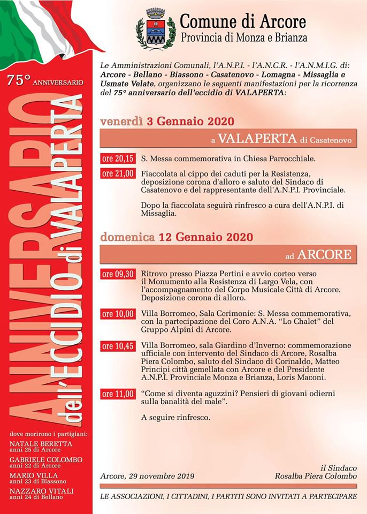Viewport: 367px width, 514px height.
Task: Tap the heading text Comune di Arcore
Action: [x=243, y=22]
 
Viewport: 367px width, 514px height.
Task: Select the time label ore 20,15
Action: [x=117, y=159]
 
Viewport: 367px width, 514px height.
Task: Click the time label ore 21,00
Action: [x=117, y=173]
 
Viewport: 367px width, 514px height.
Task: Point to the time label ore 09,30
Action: [x=117, y=275]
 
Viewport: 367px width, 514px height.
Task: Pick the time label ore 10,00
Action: [x=117, y=314]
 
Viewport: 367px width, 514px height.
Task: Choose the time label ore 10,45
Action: [x=117, y=346]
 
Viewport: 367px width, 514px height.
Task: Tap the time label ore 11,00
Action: [x=117, y=394]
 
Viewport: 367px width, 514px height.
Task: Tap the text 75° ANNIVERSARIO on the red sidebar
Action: [x=45, y=82]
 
